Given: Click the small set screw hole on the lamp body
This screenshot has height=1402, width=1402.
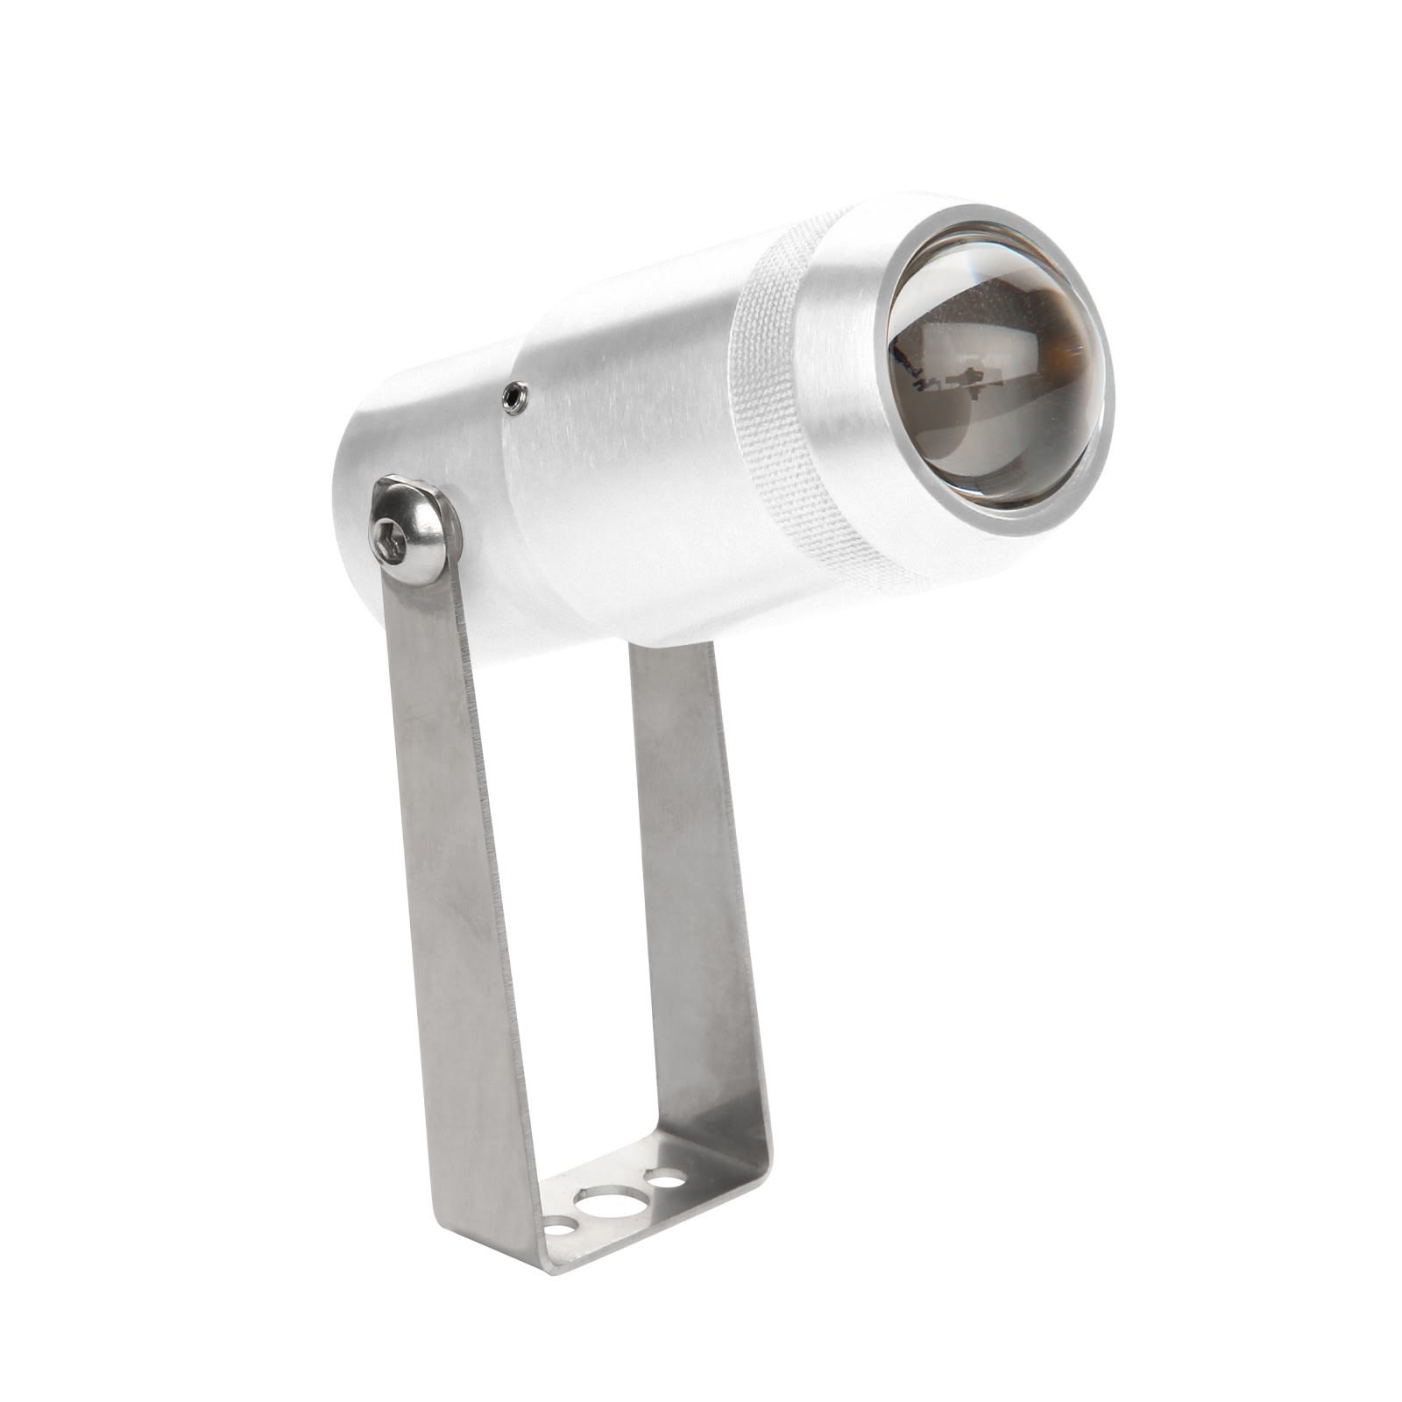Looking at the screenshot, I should click(x=514, y=399).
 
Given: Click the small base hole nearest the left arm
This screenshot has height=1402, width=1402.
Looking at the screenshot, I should click(x=559, y=1227).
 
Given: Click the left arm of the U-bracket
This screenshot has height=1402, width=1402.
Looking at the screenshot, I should click(x=456, y=876).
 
